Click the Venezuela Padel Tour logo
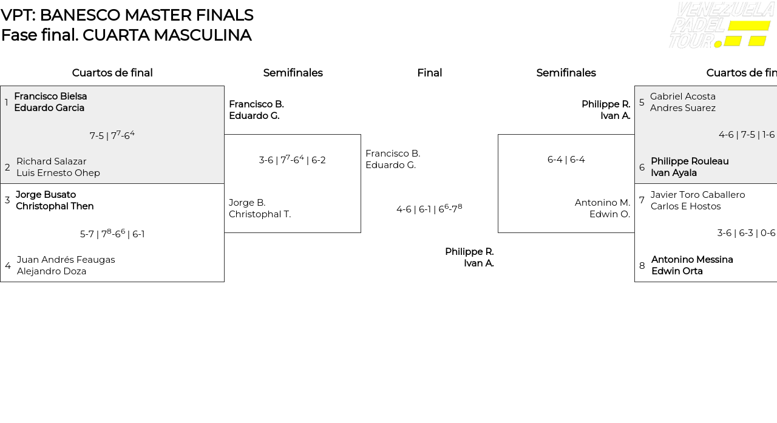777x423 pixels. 721,25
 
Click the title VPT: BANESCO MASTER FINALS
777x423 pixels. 127,15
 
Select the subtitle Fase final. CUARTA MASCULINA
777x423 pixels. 126,35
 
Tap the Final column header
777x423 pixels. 429,73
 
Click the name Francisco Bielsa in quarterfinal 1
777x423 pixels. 50,96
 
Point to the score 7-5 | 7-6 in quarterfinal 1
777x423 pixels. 112,135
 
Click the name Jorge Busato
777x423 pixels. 46,195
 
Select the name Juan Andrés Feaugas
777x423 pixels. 66,260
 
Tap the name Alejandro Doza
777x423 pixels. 52,271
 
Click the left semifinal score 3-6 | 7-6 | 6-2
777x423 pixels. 292,160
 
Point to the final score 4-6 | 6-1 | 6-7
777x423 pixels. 429,209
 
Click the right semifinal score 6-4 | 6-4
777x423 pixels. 566,160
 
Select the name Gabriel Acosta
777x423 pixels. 683,96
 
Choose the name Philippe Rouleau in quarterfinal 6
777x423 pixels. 690,161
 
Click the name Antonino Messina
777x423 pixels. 692,260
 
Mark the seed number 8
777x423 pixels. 642,266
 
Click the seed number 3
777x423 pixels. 7,200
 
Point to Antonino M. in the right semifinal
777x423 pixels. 602,203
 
